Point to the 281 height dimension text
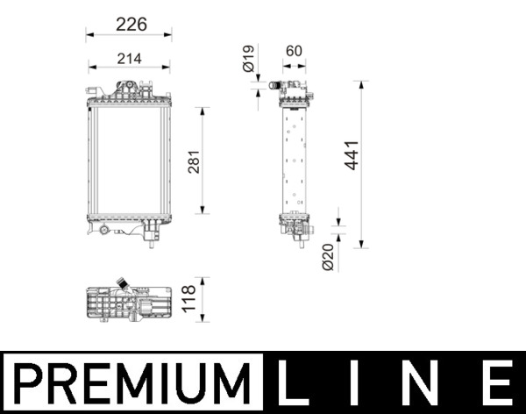point(195,161)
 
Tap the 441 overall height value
point(352,155)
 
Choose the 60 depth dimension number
point(294,52)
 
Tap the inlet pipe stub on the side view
point(274,86)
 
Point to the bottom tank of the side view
point(295,225)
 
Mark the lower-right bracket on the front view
point(151,230)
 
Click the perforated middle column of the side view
point(295,158)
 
